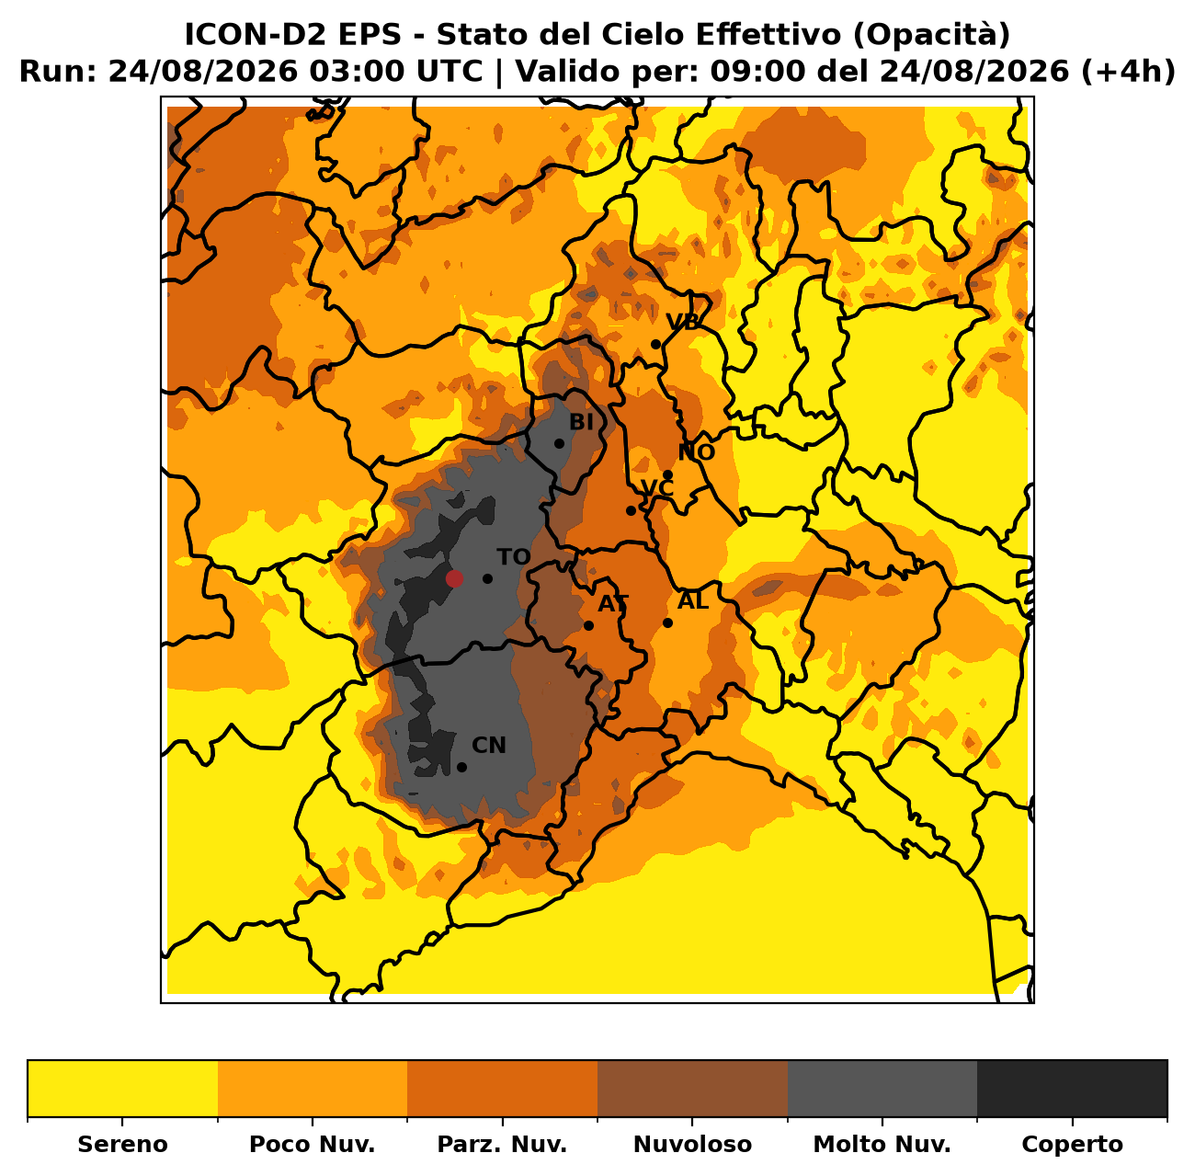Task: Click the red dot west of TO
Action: pos(454,579)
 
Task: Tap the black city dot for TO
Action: pos(487,579)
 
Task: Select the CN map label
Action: pos(489,746)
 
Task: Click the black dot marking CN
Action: pos(461,768)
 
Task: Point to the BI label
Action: pos(581,422)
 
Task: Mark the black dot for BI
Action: pos(559,444)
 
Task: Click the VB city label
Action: pos(682,322)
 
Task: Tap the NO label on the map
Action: pos(697,452)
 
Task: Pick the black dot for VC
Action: pos(631,510)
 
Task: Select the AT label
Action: pos(613,604)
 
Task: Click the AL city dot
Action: pos(667,623)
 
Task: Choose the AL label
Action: pos(693,600)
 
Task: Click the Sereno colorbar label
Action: pos(123,1144)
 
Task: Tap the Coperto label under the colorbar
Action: pos(1072,1144)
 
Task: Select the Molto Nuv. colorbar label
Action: pos(882,1144)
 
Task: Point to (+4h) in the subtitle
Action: pos(1127,72)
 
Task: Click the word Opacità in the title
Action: pos(931,36)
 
